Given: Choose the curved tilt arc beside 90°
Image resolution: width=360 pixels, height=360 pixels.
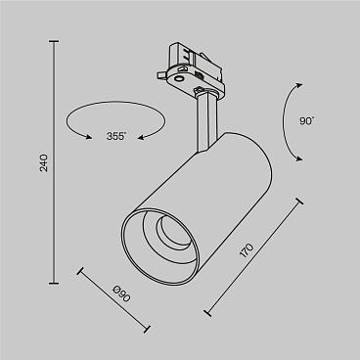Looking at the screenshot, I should pos(291,121).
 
